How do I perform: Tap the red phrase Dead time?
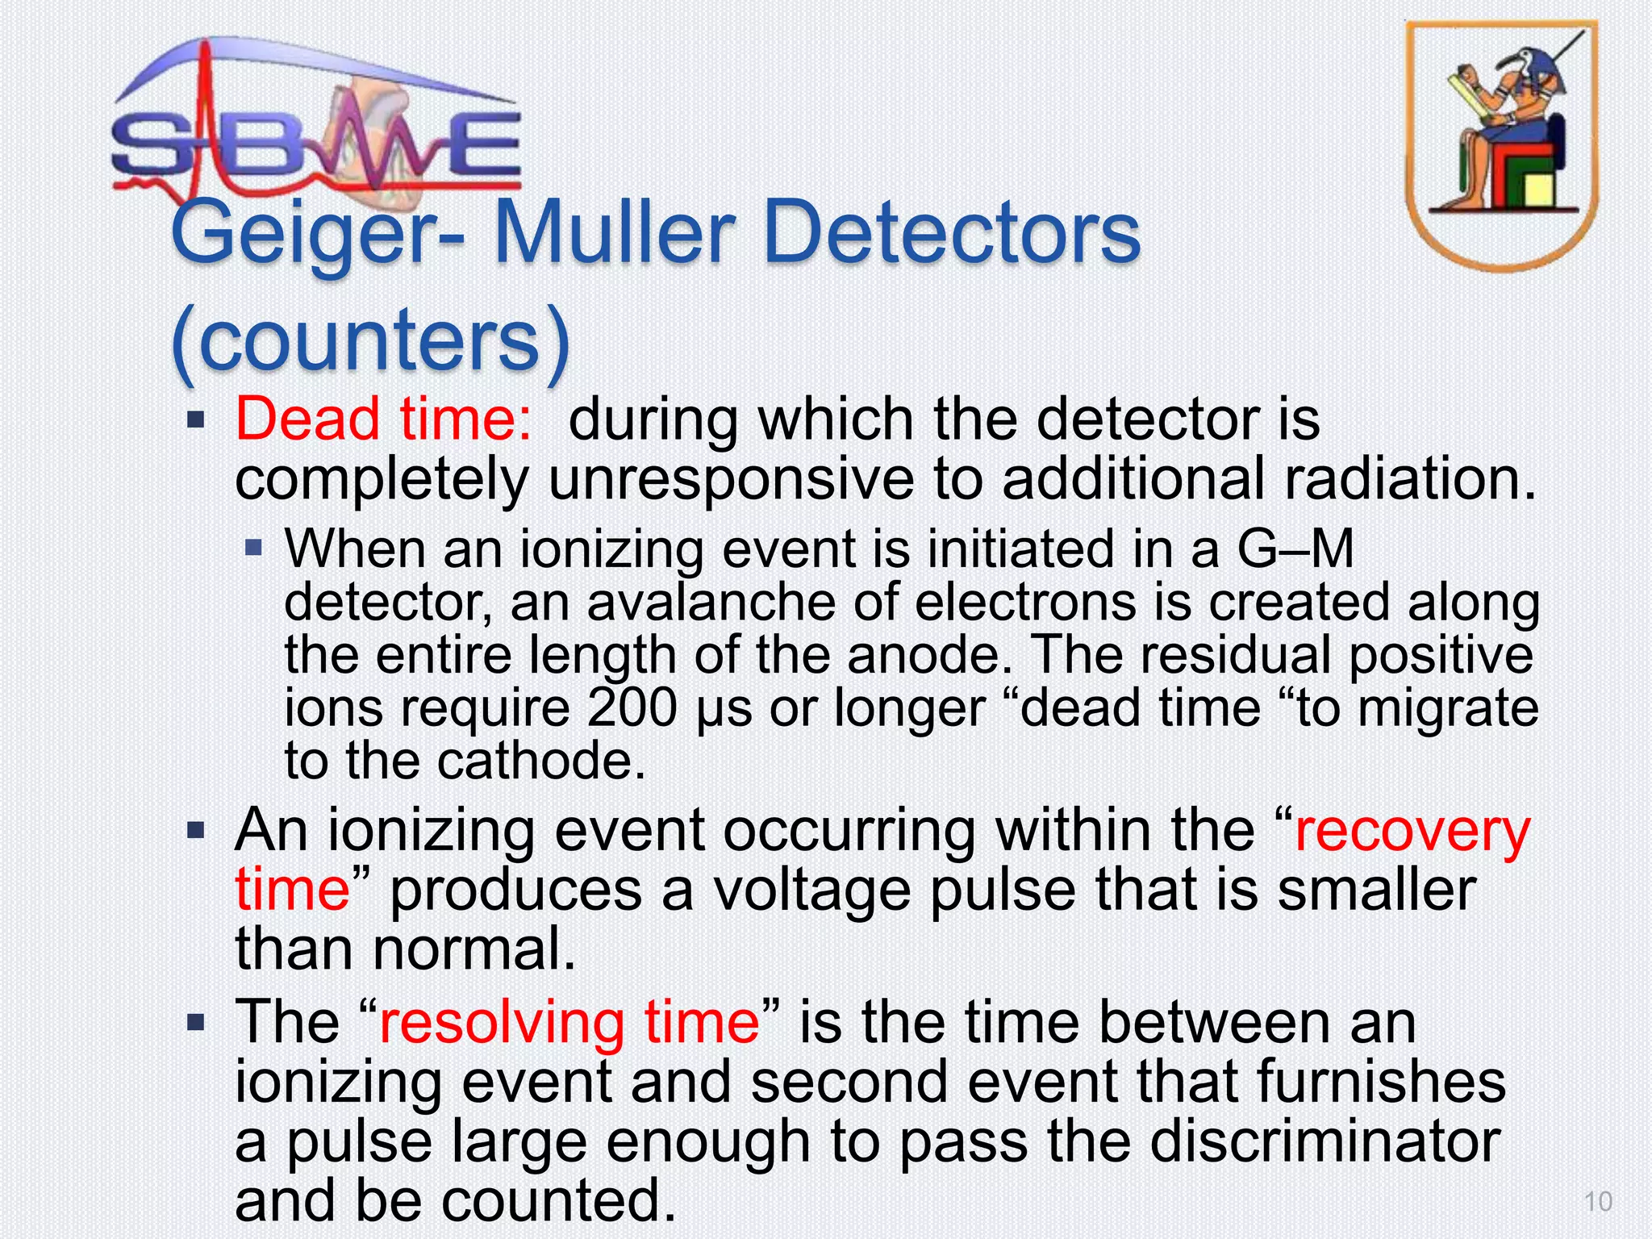point(383,419)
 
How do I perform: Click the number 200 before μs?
point(632,707)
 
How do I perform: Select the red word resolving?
point(501,1022)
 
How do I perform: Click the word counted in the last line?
point(557,1200)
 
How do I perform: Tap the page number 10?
point(1598,1202)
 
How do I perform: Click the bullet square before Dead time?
point(196,420)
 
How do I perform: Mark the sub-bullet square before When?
point(254,549)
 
